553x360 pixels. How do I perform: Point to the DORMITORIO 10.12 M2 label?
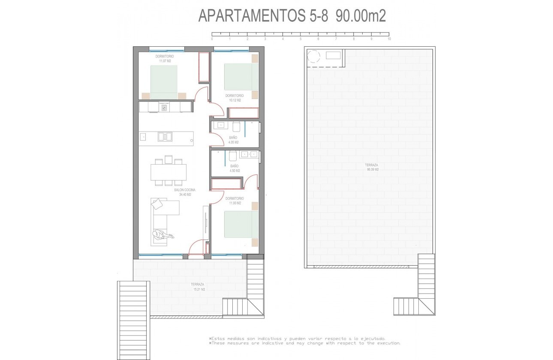point(235,98)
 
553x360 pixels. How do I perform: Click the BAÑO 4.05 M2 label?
point(233,140)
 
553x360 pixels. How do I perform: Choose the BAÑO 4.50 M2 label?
point(234,168)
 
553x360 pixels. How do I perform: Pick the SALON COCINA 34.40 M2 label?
point(185,192)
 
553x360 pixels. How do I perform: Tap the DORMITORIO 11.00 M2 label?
point(234,201)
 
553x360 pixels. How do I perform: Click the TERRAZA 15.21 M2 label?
point(198,287)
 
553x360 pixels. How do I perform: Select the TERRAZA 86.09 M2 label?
point(372,167)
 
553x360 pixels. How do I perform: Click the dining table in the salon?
point(168,172)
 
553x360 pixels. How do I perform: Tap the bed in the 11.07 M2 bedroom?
point(164,81)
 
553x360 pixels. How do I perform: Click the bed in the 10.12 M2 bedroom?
point(241,77)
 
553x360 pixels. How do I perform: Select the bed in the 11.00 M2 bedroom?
point(241,224)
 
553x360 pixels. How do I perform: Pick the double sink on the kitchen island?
point(165,137)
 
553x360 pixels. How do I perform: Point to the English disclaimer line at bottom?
point(305,343)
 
